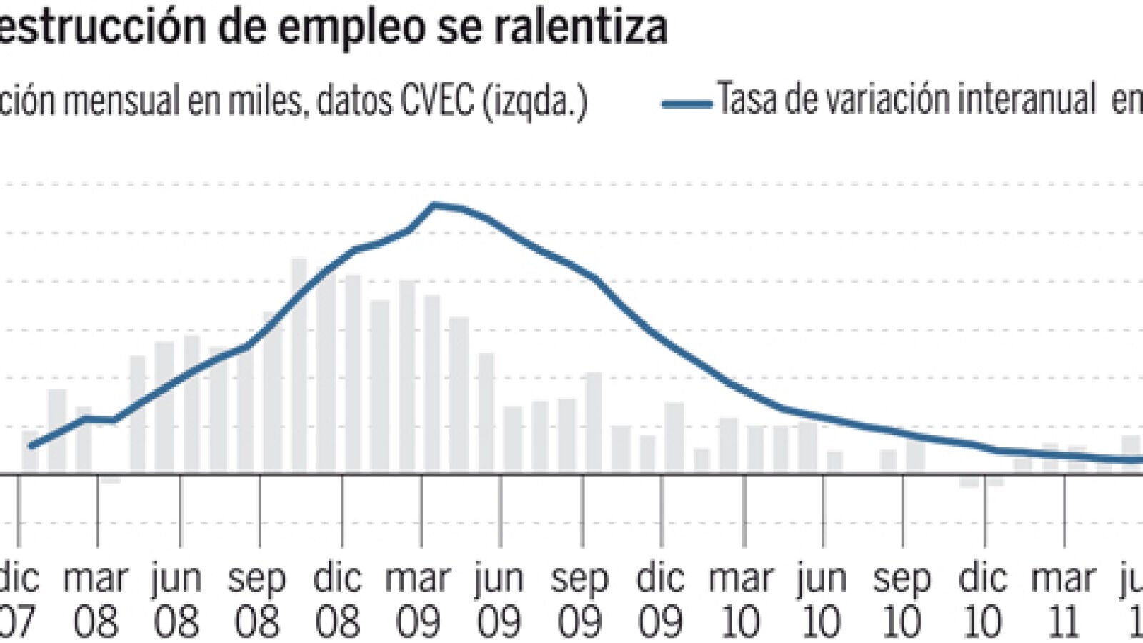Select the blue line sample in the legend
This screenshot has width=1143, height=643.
687,104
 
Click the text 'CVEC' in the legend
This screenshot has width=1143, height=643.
436,101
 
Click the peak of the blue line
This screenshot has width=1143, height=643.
434,205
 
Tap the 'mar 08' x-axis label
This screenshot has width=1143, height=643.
96,600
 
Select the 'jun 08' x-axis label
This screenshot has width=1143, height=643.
176,600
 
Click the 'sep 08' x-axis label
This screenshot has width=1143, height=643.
256,600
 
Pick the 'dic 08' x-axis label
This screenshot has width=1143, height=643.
338,600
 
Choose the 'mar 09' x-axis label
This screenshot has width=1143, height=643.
419,600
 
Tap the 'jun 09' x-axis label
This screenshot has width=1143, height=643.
499,600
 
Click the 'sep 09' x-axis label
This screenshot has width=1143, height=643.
580,600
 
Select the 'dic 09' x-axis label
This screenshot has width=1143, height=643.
661,600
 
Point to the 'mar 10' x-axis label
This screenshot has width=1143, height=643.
741,600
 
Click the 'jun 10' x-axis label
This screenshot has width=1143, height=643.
822,600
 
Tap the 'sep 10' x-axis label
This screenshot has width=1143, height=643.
902,600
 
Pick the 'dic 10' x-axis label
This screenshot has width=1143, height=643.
983,600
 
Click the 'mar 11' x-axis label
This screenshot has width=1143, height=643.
1064,600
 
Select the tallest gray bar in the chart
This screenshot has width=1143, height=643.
299,364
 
